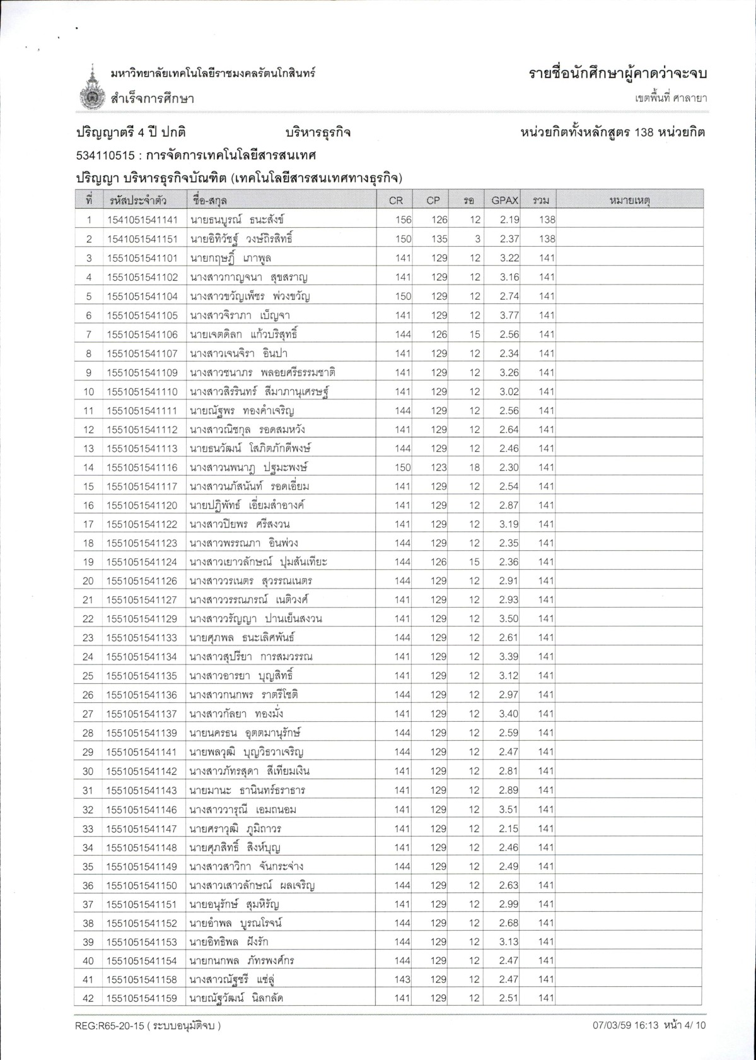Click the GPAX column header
pyautogui.click(x=504, y=201)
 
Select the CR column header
pyautogui.click(x=396, y=201)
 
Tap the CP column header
pyautogui.click(x=433, y=201)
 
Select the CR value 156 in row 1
pyautogui.click(x=403, y=220)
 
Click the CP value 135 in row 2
pyautogui.click(x=439, y=239)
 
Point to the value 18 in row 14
pyautogui.click(x=475, y=468)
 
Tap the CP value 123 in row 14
pyautogui.click(x=439, y=468)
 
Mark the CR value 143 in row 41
pyautogui.click(x=403, y=979)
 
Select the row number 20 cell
pyautogui.click(x=88, y=581)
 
